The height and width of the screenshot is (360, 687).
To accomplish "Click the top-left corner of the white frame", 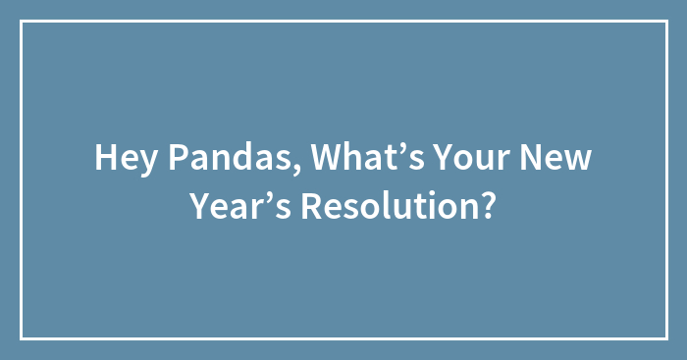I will (x=21, y=21).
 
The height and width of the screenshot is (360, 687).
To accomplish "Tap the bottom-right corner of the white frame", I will (x=666, y=338).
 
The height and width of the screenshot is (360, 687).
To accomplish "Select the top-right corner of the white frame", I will (x=666, y=21).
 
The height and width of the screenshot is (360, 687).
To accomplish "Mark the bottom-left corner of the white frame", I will (x=21, y=338).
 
